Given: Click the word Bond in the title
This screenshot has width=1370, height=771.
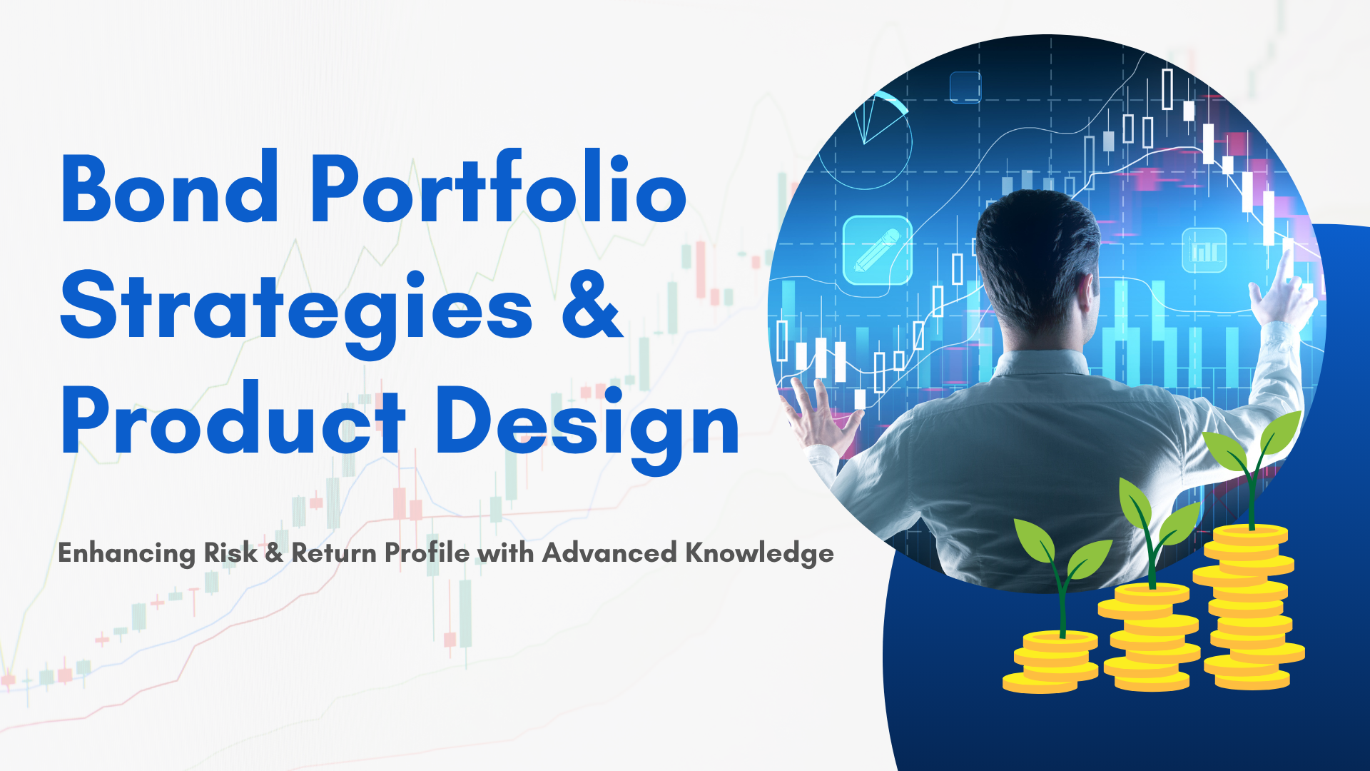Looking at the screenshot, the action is [x=170, y=188].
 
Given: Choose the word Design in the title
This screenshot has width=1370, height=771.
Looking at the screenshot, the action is [x=587, y=427].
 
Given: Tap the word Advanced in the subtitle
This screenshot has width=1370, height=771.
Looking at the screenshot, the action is [x=609, y=553].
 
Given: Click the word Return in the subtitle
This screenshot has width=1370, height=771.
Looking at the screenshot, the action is [x=334, y=553].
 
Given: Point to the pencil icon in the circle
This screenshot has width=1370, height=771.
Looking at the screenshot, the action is [x=877, y=250].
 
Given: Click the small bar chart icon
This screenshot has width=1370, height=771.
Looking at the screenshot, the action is [x=1204, y=250].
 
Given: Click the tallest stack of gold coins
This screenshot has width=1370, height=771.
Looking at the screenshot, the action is [x=1249, y=607].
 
